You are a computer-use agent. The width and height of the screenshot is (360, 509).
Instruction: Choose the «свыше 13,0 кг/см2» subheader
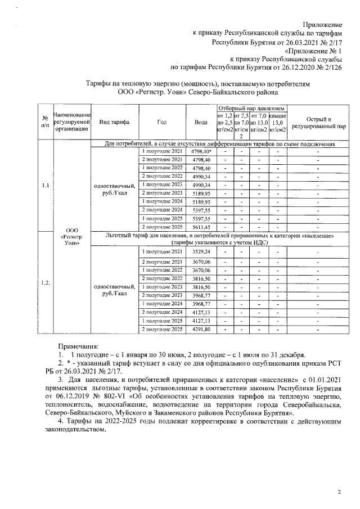[278, 122]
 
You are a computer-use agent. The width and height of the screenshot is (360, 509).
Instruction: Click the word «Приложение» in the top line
[323, 25]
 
